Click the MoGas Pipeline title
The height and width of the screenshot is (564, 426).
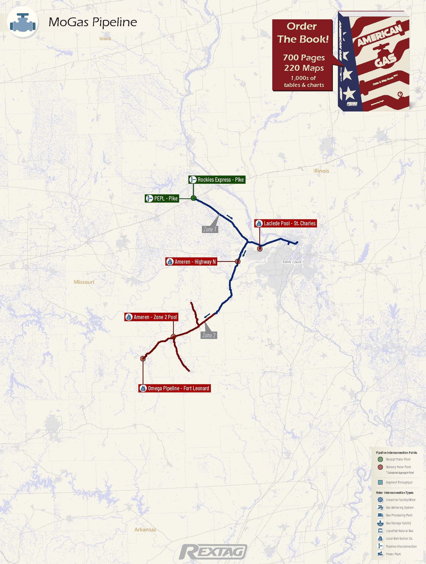pos(93,22)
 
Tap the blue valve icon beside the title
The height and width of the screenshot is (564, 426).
pos(23,22)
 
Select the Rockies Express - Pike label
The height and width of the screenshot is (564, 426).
pos(217,180)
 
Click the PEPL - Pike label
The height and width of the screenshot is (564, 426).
pos(162,198)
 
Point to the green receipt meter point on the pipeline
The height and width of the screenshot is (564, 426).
pos(194,198)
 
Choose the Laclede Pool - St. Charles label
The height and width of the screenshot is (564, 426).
pos(285,223)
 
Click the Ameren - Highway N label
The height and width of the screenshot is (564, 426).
pos(191,262)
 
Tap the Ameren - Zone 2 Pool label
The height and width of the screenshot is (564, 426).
pos(151,317)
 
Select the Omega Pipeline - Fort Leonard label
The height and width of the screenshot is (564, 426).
pos(175,388)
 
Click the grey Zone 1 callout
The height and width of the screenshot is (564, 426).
pos(210,229)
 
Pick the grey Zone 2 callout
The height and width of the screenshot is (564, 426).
pos(209,335)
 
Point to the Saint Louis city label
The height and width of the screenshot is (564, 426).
pos(292,262)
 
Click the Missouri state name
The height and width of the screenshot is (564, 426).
pos(84,282)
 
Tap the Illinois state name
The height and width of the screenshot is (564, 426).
pos(321,171)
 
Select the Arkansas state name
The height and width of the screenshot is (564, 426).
pos(145,530)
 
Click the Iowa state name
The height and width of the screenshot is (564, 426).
pos(105,39)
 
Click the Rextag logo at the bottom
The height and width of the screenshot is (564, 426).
pos(213,552)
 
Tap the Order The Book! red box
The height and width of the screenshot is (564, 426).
pos(302,55)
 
